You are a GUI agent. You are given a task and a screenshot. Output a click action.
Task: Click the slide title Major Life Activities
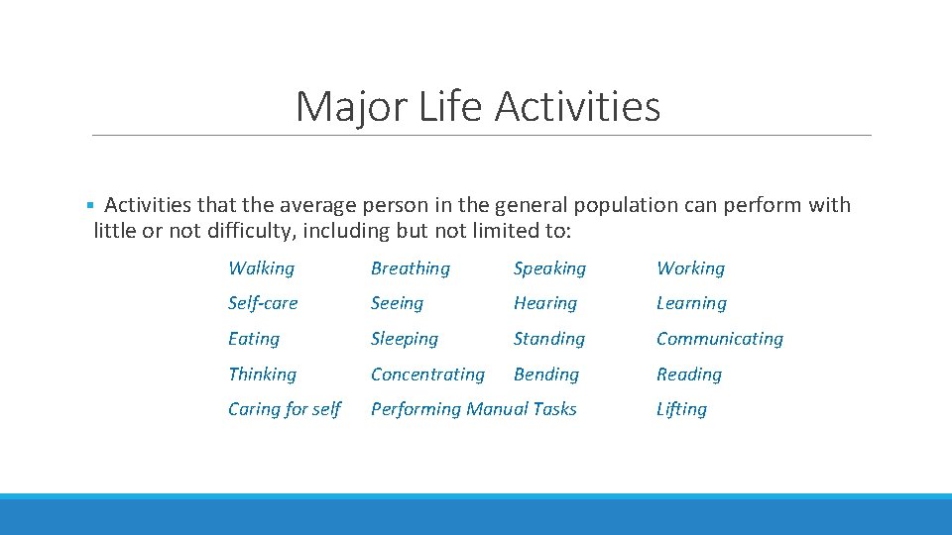(477, 106)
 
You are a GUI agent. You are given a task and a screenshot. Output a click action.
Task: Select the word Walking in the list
(261, 268)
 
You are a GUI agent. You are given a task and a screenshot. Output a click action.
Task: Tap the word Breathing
(410, 268)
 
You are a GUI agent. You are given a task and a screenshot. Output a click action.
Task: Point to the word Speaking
(549, 268)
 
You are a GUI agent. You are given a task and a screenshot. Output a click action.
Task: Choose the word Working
(690, 268)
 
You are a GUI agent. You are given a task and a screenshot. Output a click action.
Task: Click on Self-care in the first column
(263, 303)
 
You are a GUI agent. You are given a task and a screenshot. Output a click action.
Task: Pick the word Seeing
(397, 303)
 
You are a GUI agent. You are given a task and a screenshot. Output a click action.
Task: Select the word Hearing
(544, 303)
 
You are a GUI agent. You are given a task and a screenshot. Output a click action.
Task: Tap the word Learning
(691, 303)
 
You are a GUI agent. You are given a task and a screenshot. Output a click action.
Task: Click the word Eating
(254, 339)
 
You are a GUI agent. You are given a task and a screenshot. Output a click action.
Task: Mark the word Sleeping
(404, 339)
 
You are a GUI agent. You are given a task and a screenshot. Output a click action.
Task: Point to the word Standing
(548, 339)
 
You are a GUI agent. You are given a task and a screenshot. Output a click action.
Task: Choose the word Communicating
(719, 339)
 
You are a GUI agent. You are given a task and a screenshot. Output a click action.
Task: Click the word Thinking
(262, 374)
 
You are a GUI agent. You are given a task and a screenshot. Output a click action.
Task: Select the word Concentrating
(427, 374)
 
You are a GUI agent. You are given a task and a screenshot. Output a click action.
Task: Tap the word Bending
(545, 374)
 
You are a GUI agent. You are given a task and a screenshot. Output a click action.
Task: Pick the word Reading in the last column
(688, 374)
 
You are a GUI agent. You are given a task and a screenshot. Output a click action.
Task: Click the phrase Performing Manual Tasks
(473, 409)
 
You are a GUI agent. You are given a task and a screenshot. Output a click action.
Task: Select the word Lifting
(681, 409)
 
